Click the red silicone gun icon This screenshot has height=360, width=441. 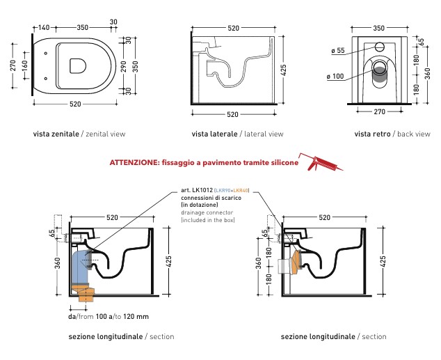click(x=321, y=162)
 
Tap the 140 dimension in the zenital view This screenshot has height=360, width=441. click(x=44, y=28)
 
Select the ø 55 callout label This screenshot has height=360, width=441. click(x=338, y=51)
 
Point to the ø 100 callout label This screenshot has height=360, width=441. click(x=335, y=77)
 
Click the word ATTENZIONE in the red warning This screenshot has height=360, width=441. click(x=134, y=163)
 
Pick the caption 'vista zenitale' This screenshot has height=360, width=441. click(x=56, y=134)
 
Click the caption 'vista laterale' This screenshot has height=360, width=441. click(x=215, y=134)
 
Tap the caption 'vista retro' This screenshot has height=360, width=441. click(x=372, y=134)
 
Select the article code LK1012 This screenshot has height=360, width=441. click(x=202, y=190)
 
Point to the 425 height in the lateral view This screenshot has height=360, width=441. click(x=284, y=70)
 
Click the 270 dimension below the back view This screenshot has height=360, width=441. click(x=379, y=111)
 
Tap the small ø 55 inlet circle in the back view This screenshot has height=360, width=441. click(x=379, y=47)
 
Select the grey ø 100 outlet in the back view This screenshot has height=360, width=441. click(x=379, y=75)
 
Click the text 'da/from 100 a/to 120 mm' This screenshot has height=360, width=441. click(x=109, y=317)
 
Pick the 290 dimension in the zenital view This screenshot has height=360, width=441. click(x=124, y=66)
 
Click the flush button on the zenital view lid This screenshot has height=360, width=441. click(x=78, y=66)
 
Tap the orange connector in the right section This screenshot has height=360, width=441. click(x=297, y=262)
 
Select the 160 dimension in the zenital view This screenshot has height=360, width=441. click(x=25, y=66)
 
